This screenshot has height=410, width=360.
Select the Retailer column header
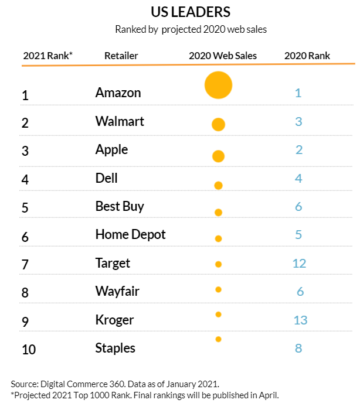point(121,56)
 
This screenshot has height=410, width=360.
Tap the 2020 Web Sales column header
point(223,56)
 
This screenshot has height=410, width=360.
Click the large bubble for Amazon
point(218,86)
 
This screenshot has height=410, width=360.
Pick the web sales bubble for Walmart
point(218,124)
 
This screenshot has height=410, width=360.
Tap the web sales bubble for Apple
point(218,156)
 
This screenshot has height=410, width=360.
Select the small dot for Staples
point(218,339)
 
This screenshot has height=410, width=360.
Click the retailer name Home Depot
point(130,235)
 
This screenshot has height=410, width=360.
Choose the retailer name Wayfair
point(117,291)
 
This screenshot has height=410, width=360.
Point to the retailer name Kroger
point(114,320)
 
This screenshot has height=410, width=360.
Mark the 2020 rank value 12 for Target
point(299,264)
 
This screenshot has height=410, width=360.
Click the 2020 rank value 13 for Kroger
point(299,320)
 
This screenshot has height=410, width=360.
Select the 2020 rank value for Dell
point(298,178)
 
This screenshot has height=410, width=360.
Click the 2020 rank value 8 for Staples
point(298,348)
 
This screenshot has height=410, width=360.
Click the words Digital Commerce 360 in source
point(79,384)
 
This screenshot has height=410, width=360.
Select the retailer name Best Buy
point(119,206)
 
